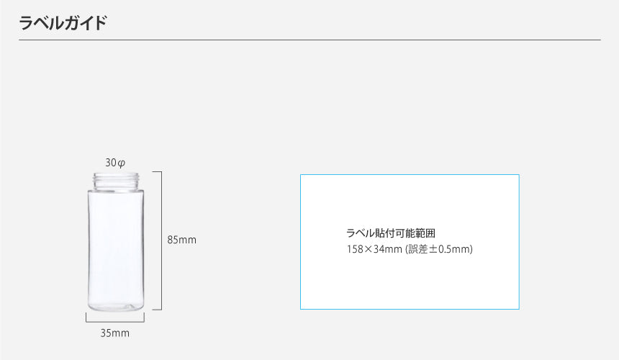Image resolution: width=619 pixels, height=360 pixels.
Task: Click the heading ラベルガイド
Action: tap(63, 22)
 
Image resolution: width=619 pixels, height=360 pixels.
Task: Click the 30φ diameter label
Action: tap(115, 163)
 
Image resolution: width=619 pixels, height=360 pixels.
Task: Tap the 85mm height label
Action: tap(182, 240)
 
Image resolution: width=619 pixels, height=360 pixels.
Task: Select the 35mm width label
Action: tap(115, 333)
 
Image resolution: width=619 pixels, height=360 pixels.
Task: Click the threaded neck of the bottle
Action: tap(115, 180)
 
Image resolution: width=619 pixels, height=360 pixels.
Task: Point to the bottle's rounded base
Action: tap(115, 306)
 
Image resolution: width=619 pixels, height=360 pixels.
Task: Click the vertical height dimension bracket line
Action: tap(161, 240)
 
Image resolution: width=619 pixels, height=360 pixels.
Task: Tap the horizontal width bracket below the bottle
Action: tap(115, 321)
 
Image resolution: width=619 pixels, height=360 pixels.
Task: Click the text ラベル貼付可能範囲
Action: tap(391, 233)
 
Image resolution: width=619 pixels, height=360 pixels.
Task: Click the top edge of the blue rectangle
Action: tap(410, 174)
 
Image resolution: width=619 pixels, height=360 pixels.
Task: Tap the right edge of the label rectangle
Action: tap(519, 242)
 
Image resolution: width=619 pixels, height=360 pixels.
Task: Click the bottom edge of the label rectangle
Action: tap(410, 309)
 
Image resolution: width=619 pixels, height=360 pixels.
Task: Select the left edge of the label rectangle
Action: tap(300, 242)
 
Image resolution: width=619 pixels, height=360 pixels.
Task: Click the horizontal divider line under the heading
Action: tap(309, 40)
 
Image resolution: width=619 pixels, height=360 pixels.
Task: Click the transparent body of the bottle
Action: tap(115, 245)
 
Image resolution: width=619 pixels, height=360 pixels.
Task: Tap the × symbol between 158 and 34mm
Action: tap(368, 250)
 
